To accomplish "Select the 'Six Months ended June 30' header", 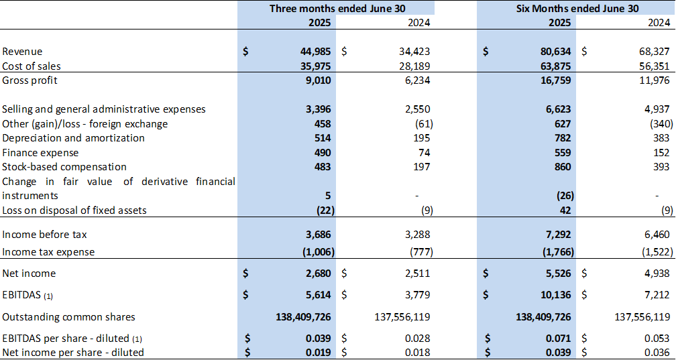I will [577, 8].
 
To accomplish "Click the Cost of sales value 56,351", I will [653, 66].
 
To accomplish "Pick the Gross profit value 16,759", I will [555, 80].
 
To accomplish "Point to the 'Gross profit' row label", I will [30, 80].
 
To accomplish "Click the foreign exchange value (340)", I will [655, 123].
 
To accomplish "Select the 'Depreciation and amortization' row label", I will [74, 138].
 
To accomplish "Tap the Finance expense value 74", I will [422, 152].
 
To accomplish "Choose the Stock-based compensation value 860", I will [561, 166].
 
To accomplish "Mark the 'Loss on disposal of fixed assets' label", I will [74, 211].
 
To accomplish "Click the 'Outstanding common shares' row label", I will [68, 316].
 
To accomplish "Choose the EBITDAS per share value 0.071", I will [558, 337].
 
